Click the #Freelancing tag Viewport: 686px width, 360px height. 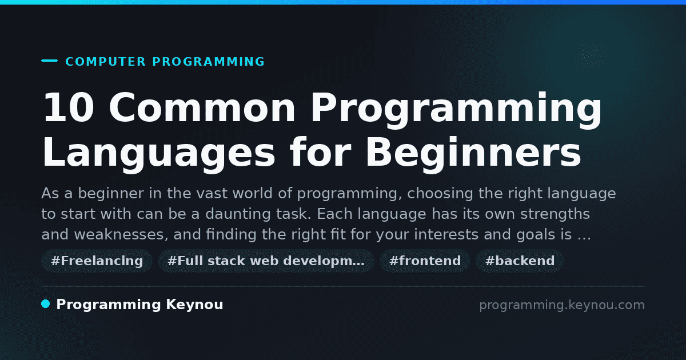point(97,261)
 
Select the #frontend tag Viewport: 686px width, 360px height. point(425,261)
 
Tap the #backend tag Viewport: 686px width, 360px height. point(520,261)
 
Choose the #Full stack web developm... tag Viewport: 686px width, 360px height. point(266,261)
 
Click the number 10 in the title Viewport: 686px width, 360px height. point(69,107)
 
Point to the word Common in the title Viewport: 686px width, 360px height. point(202,107)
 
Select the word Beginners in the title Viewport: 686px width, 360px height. point(473,152)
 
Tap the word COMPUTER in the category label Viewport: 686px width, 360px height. point(105,62)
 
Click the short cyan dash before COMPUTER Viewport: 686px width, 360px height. point(49,61)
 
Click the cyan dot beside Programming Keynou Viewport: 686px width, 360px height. point(45,304)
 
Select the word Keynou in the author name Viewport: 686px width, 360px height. point(194,305)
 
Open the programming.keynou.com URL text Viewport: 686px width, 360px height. point(562,306)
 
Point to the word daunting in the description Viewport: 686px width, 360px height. point(238,214)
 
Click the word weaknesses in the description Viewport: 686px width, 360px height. point(121,235)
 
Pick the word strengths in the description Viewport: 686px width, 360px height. point(555,214)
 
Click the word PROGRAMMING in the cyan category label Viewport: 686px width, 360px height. point(208,62)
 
